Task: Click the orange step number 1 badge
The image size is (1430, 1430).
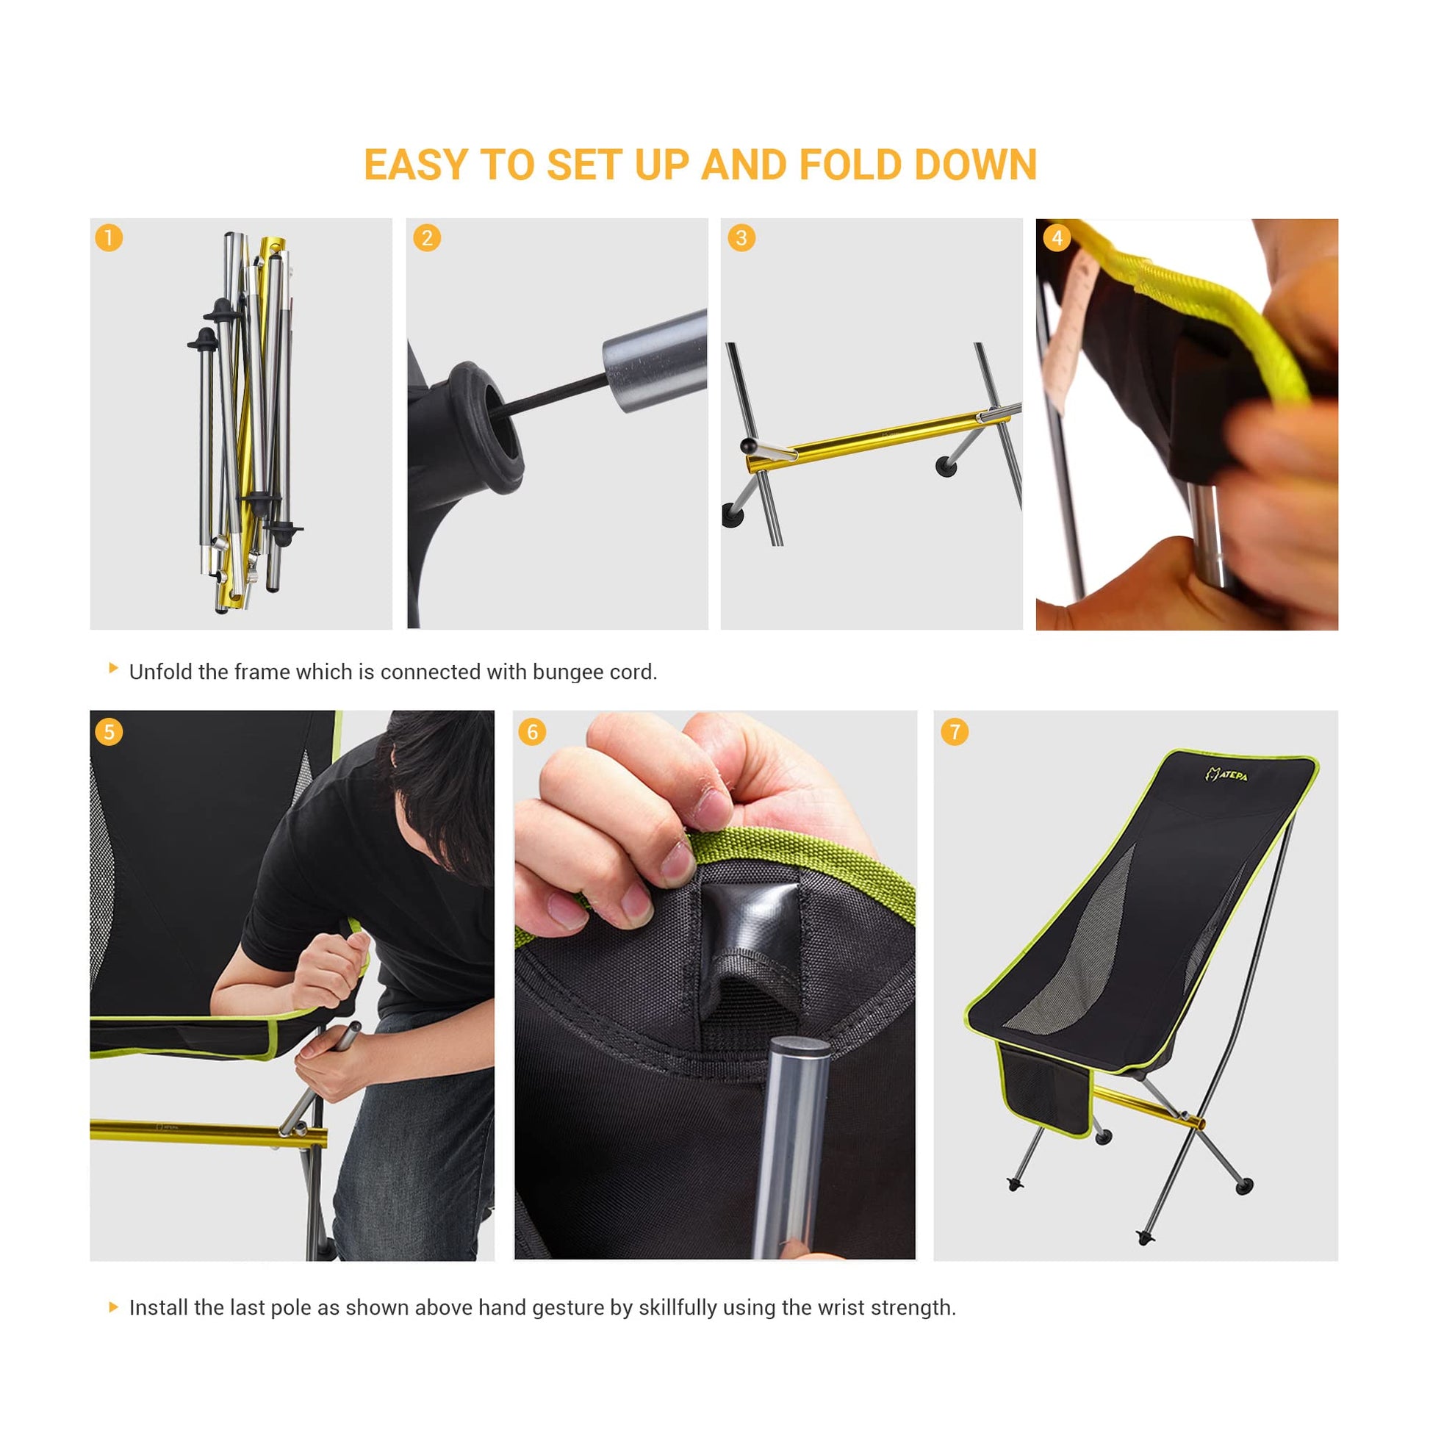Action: [x=109, y=237]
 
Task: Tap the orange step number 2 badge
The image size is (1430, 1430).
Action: [x=427, y=237]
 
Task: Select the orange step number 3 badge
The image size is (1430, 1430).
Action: [x=741, y=237]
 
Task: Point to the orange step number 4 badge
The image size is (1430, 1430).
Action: [x=1057, y=237]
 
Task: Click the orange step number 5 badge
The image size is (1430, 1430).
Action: [x=109, y=732]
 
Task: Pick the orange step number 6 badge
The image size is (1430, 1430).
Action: [x=532, y=732]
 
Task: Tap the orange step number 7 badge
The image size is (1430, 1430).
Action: [x=955, y=732]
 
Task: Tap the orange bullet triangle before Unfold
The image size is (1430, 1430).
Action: [x=113, y=668]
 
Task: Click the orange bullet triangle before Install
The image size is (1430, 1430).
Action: [x=113, y=1307]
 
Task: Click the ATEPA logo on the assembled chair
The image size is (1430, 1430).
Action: [x=1226, y=775]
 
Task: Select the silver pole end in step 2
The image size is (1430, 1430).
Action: [x=654, y=362]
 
